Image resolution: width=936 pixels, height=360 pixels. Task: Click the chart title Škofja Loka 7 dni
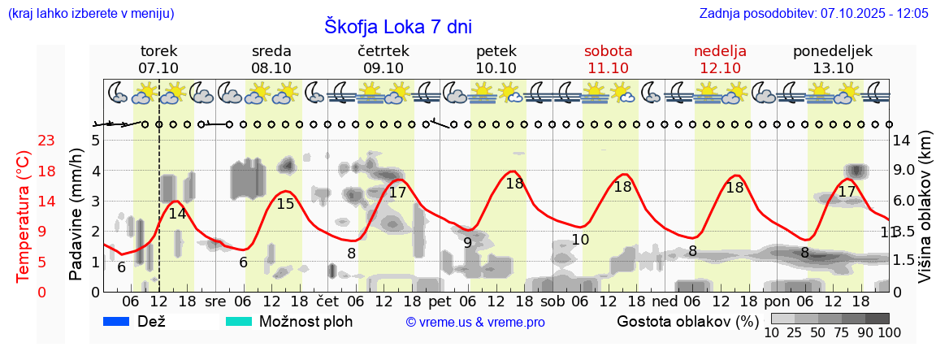point(398,27)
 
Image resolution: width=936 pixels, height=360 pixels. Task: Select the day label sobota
point(608,51)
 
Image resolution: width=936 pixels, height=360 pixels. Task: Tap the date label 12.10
point(720,68)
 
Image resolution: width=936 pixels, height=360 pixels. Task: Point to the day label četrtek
point(383,51)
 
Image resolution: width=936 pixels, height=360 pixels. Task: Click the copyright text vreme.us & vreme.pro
point(475,322)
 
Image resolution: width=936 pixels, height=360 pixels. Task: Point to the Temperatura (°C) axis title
point(24,216)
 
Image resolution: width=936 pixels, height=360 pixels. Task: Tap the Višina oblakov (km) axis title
point(925,208)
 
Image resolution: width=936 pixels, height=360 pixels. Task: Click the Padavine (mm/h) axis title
point(76,215)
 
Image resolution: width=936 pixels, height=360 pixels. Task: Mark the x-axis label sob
point(552,301)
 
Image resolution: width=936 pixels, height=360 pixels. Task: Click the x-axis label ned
point(665,301)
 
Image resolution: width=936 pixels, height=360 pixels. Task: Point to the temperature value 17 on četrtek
point(397,193)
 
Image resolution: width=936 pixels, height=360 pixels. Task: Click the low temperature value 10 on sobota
point(580,240)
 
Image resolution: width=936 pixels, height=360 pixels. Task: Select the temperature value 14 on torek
point(177,215)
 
